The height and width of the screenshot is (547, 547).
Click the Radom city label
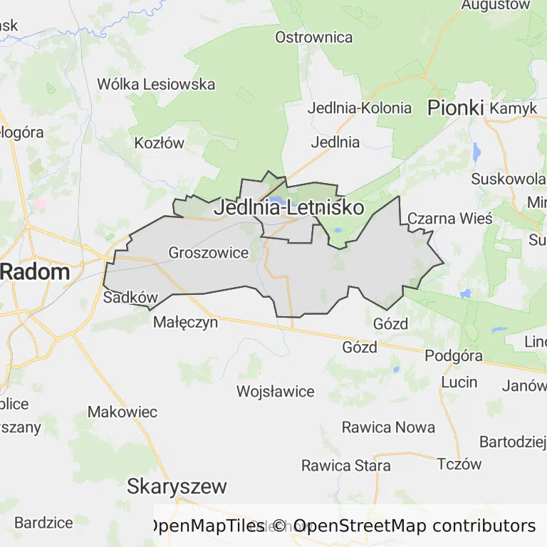click(x=36, y=271)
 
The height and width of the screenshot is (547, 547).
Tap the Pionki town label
click(x=455, y=108)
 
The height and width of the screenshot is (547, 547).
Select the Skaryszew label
click(x=177, y=486)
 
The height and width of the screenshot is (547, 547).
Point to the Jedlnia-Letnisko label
click(x=288, y=208)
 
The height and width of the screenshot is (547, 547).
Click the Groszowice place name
click(x=209, y=252)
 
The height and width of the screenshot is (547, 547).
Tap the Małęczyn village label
click(x=186, y=322)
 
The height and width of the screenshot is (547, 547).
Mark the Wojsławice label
click(x=275, y=391)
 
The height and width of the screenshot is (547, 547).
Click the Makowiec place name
click(x=123, y=412)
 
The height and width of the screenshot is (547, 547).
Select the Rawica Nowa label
click(x=388, y=427)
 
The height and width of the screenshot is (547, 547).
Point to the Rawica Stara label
click(x=346, y=466)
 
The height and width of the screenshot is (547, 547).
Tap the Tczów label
click(x=459, y=464)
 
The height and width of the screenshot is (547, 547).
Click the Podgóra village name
click(x=454, y=355)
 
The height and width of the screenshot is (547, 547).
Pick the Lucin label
click(x=459, y=382)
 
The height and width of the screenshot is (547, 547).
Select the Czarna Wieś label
click(x=449, y=218)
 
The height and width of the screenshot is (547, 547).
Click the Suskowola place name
click(x=507, y=178)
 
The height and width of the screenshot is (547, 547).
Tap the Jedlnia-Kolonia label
click(x=360, y=108)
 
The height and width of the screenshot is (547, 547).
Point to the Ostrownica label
click(x=314, y=37)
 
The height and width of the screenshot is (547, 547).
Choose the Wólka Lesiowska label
click(x=156, y=84)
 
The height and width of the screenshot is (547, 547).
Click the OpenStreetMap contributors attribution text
click(x=415, y=526)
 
